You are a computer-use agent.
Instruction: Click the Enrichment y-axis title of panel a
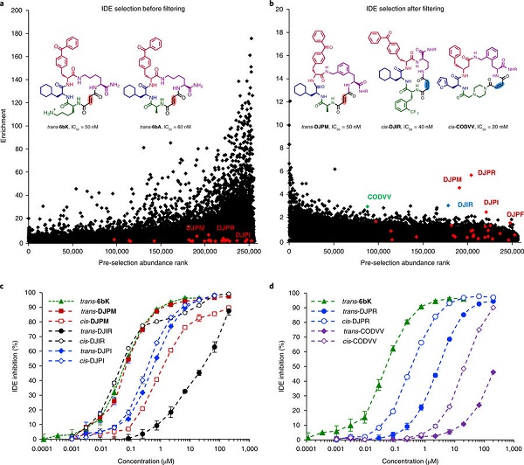point(7,124)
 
